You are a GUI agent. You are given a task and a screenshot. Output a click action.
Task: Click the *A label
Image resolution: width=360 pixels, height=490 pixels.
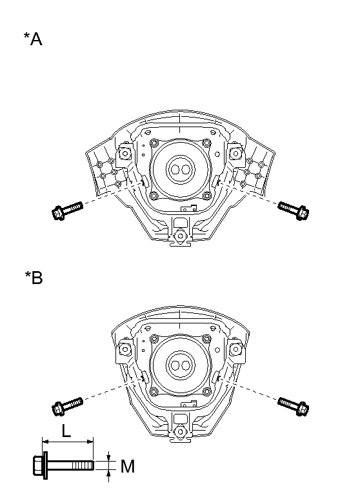33,39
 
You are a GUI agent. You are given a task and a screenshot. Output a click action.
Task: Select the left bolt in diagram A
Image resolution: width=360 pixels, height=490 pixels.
66,209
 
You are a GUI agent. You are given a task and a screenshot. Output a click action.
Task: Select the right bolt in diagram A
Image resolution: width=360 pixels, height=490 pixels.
293,209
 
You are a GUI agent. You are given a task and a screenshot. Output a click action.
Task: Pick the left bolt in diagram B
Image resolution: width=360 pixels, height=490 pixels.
66,404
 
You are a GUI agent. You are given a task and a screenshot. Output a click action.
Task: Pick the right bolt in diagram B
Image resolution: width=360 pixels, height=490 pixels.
293,404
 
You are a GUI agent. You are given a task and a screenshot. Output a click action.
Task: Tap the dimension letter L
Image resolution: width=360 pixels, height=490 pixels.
66,431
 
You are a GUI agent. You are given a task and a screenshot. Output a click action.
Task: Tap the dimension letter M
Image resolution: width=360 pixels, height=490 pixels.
127,465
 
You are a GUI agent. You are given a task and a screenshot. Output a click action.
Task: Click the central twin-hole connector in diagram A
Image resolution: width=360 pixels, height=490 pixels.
179,169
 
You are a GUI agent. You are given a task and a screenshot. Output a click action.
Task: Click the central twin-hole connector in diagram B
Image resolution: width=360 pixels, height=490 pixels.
179,365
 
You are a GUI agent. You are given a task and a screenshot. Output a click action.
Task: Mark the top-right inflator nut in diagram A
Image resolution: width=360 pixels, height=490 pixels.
206,143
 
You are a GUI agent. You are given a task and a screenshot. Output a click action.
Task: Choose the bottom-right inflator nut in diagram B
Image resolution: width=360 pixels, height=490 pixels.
206,391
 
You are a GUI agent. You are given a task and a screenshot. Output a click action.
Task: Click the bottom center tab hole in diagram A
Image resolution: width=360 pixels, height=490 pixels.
179,237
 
